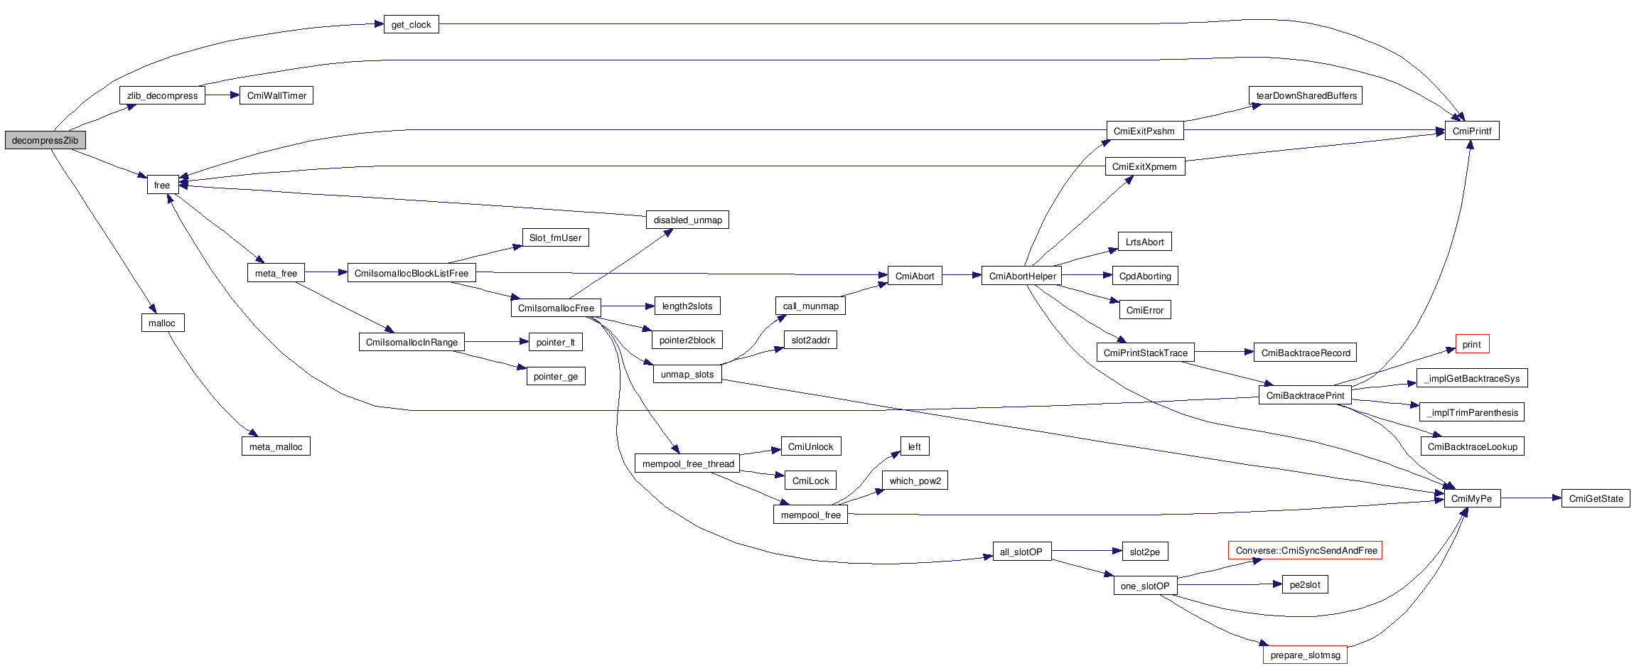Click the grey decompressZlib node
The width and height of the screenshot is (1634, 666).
click(x=45, y=140)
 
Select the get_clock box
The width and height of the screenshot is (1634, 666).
click(x=411, y=24)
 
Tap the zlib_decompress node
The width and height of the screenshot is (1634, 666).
click(x=162, y=95)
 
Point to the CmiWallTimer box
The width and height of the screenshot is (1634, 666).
click(x=276, y=95)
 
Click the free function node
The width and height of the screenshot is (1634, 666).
click(x=162, y=185)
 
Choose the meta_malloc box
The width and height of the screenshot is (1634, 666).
click(x=276, y=446)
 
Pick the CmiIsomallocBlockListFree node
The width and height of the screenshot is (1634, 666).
click(x=411, y=273)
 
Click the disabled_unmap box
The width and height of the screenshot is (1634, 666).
click(x=687, y=220)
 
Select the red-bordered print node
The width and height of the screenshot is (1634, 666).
click(x=1471, y=344)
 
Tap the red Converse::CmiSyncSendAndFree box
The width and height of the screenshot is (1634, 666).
click(x=1306, y=550)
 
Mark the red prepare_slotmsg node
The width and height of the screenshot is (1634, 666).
click(x=1305, y=655)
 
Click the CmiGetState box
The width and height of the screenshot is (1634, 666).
click(x=1596, y=498)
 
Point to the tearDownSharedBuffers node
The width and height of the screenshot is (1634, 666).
click(x=1306, y=95)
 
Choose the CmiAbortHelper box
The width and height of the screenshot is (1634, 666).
click(x=1022, y=276)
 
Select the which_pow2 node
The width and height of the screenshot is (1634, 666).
click(x=915, y=480)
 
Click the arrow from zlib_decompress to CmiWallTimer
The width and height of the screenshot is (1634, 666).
click(x=222, y=95)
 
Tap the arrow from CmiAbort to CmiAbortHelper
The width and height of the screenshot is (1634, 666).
click(x=962, y=275)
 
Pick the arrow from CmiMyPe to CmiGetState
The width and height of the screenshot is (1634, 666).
click(x=1531, y=498)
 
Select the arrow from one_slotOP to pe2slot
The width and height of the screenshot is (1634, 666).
click(x=1230, y=585)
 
